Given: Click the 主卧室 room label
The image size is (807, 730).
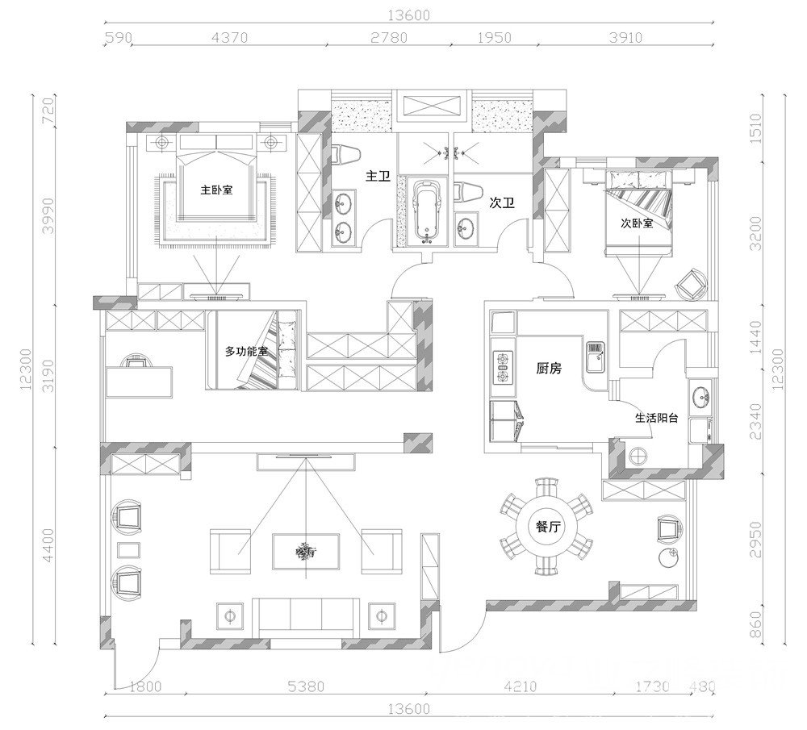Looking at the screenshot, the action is (216, 190).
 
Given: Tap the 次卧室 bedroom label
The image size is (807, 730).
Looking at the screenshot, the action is (637, 223).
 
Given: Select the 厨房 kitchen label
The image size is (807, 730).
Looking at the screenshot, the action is (549, 369).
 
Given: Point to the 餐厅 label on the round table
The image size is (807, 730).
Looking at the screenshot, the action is (547, 527).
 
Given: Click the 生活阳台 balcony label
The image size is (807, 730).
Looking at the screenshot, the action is (656, 418).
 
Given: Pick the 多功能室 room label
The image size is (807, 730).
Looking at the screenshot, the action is (246, 352).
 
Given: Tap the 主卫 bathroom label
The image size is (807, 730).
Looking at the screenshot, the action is (378, 177).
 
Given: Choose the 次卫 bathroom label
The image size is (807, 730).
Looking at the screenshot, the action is (502, 203).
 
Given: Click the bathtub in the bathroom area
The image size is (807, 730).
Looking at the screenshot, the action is (428, 211).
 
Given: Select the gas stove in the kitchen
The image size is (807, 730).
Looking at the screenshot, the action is (503, 367).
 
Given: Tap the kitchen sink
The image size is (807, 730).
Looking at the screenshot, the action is (596, 356).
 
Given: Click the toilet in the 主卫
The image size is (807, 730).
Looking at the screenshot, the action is (344, 155).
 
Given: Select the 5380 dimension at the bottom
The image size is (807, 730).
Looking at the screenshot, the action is (306, 686).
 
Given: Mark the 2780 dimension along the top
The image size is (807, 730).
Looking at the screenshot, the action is (389, 38).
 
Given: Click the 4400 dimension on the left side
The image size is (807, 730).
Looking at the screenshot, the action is (48, 545).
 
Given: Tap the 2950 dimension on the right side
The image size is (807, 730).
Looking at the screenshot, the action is (755, 539).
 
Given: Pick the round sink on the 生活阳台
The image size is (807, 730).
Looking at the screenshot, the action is (700, 397).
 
